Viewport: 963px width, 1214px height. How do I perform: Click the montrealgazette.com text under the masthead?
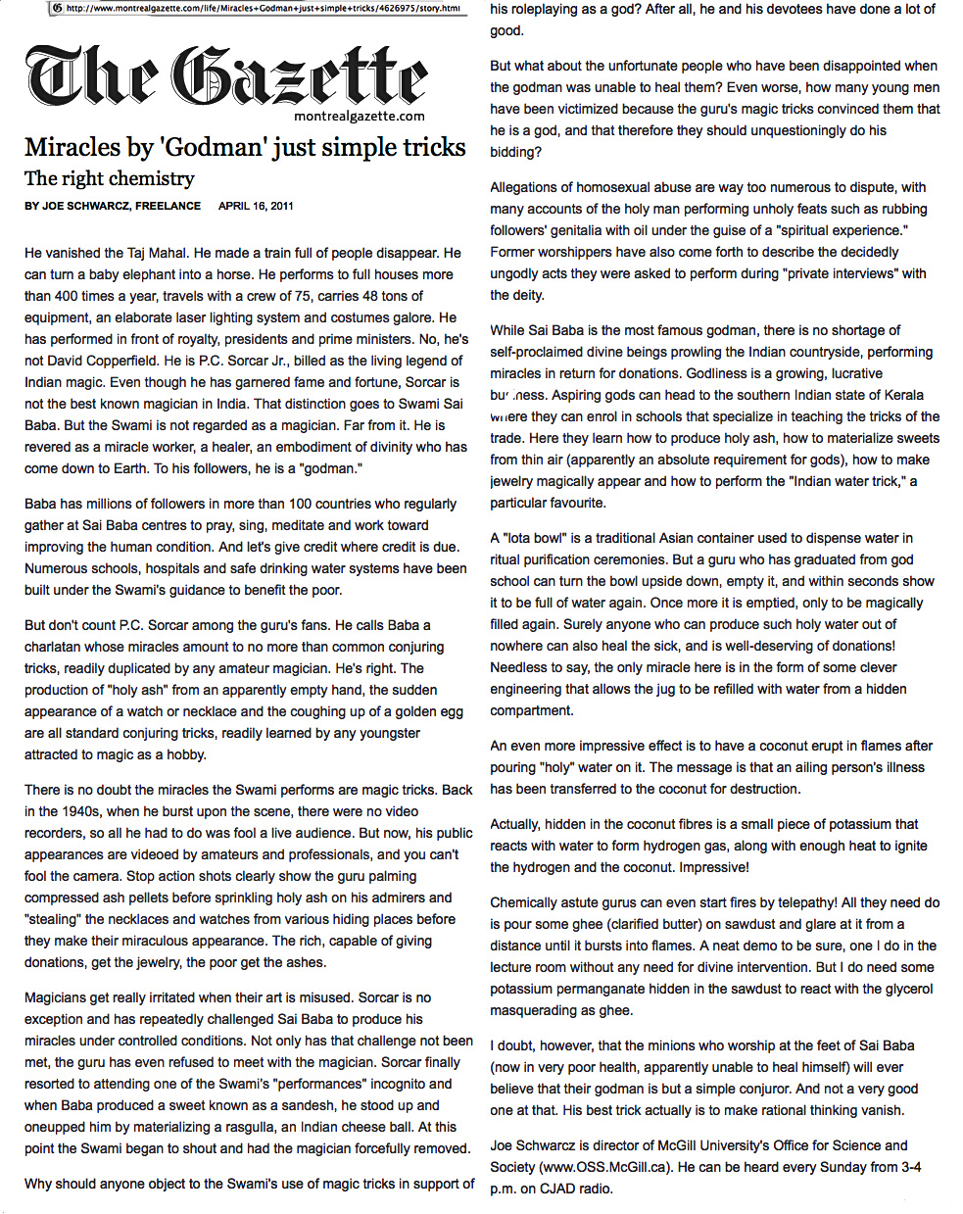[x=360, y=116]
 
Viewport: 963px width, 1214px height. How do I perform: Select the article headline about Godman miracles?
[x=245, y=147]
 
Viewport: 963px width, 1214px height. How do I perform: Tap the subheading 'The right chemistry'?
[x=109, y=178]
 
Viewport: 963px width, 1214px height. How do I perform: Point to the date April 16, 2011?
[x=256, y=206]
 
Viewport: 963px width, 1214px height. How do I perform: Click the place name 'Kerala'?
[x=902, y=395]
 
